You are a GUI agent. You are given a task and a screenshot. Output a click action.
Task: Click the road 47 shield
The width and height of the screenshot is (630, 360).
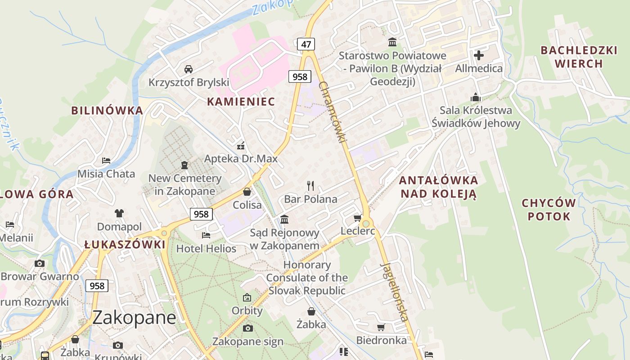pyautogui.click(x=306, y=44)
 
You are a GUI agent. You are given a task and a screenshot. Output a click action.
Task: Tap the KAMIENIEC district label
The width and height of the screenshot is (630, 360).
pyautogui.click(x=241, y=102)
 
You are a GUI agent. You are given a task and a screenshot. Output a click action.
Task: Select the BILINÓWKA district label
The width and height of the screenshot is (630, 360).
pyautogui.click(x=107, y=110)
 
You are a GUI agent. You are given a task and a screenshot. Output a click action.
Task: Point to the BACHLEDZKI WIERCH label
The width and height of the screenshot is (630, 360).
pyautogui.click(x=579, y=57)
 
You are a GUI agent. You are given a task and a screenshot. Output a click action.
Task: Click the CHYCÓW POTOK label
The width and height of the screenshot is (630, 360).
pyautogui.click(x=549, y=210)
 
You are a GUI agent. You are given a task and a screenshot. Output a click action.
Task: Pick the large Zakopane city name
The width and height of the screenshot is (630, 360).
pyautogui.click(x=134, y=318)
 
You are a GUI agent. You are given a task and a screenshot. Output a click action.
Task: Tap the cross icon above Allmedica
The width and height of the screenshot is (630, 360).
pyautogui.click(x=479, y=55)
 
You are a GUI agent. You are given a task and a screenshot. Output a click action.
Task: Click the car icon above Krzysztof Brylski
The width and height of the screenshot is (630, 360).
pyautogui.click(x=189, y=69)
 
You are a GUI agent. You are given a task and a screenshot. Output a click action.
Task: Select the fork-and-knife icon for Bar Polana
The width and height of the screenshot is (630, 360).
pyautogui.click(x=310, y=185)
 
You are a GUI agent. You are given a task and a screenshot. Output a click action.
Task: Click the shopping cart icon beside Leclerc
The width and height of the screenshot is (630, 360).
pyautogui.click(x=357, y=218)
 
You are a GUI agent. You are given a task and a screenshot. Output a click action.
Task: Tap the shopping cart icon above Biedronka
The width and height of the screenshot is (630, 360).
pyautogui.click(x=381, y=327)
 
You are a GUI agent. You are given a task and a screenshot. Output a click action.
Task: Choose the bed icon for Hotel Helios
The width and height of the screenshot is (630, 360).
pyautogui.click(x=206, y=235)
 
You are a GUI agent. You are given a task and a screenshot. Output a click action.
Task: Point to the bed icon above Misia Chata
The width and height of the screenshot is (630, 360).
pyautogui.click(x=106, y=160)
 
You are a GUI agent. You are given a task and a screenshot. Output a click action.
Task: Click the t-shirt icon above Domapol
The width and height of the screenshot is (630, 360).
pyautogui.click(x=119, y=213)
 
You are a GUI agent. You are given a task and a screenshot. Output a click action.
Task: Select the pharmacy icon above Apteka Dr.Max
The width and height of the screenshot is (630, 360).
pyautogui.click(x=241, y=145)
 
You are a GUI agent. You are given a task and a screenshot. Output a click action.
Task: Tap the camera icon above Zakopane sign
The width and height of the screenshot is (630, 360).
pyautogui.click(x=247, y=328)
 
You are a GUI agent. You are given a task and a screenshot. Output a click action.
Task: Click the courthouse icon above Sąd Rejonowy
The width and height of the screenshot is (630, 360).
pyautogui.click(x=284, y=219)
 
